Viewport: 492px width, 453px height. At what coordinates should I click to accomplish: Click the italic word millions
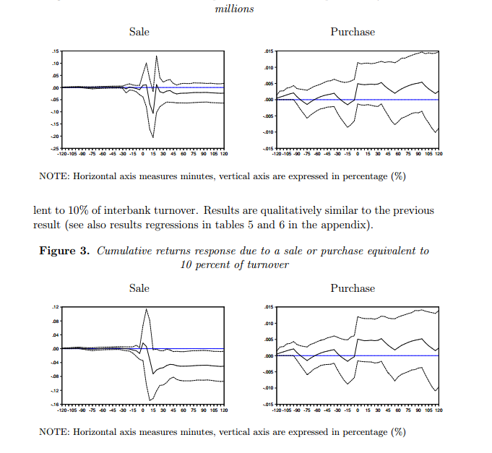pyautogui.click(x=234, y=9)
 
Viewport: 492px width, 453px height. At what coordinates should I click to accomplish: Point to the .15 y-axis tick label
pyautogui.click(x=55, y=51)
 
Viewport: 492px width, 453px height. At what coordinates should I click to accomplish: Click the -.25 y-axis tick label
pyautogui.click(x=53, y=149)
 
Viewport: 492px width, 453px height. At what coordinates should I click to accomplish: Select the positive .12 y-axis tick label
pyautogui.click(x=55, y=308)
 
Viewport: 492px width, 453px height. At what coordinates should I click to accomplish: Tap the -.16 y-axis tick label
pyautogui.click(x=53, y=405)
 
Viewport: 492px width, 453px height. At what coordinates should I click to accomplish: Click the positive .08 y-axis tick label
pyautogui.click(x=55, y=322)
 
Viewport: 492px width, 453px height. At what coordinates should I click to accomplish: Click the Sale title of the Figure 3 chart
pyautogui.click(x=139, y=288)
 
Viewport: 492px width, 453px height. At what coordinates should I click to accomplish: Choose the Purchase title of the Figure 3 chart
pyautogui.click(x=353, y=288)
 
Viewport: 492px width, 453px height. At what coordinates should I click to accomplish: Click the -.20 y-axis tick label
pyautogui.click(x=53, y=137)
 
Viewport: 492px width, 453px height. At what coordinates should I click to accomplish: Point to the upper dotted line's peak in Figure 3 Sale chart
pyautogui.click(x=146, y=309)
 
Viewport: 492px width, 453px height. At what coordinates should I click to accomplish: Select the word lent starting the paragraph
pyautogui.click(x=43, y=210)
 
